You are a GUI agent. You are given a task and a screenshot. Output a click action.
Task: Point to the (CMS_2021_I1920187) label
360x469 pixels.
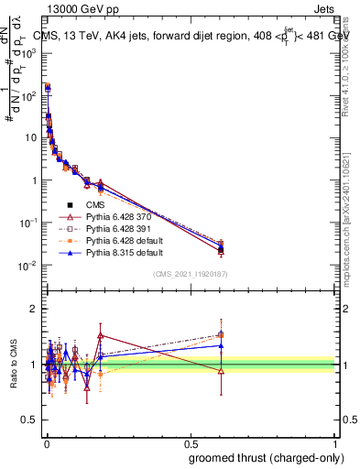coord(191,274)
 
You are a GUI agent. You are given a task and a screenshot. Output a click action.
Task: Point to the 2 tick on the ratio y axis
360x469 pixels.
coord(34,309)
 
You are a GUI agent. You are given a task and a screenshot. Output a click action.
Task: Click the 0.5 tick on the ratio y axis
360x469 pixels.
coord(30,420)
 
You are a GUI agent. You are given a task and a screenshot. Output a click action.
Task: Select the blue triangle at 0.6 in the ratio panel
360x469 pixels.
coord(221,345)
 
